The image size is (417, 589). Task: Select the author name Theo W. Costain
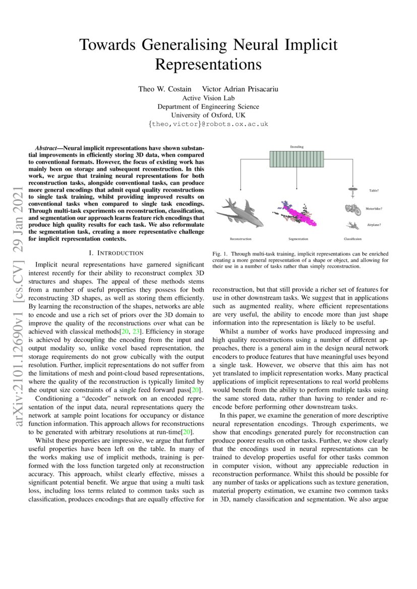pyautogui.click(x=165, y=89)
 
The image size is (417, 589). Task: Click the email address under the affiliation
pyautogui.click(x=208, y=123)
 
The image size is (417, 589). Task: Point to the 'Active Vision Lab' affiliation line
pyautogui.click(x=208, y=98)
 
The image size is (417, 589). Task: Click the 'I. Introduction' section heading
pyautogui.click(x=116, y=252)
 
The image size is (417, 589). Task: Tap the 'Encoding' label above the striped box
pyautogui.click(x=296, y=147)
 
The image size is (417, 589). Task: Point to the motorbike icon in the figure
pyautogui.click(x=352, y=209)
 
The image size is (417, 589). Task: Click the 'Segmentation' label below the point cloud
pyautogui.click(x=298, y=239)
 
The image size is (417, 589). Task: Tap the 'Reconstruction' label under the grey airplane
pyautogui.click(x=240, y=239)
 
